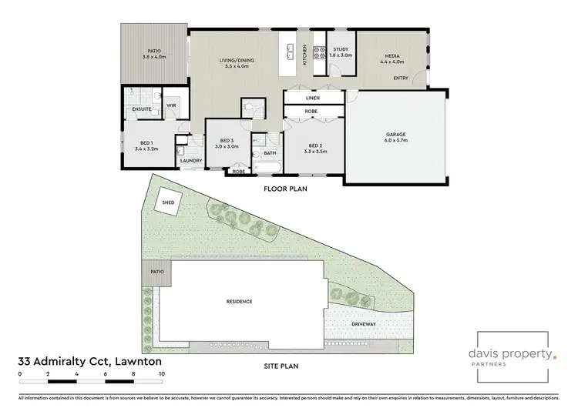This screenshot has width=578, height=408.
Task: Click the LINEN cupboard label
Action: (312, 99)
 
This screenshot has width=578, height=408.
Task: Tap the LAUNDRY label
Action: (191, 160)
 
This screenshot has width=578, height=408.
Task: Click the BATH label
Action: (270, 152)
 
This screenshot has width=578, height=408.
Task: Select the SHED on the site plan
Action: (168, 204)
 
